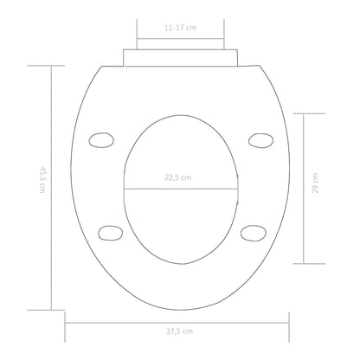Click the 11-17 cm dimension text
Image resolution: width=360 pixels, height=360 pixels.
pyautogui.click(x=179, y=28)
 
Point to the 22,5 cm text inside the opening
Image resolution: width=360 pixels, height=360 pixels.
pyautogui.click(x=180, y=179)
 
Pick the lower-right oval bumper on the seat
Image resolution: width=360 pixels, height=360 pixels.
pyautogui.click(x=252, y=231)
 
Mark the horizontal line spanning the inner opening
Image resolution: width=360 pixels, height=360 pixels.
pyautogui.click(x=180, y=188)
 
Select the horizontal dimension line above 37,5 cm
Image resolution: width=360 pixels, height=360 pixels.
pyautogui.click(x=180, y=322)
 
